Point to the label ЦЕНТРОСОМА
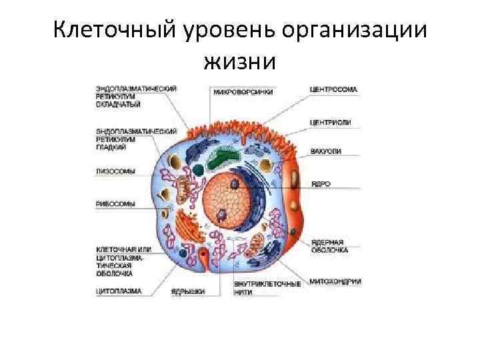[333, 89]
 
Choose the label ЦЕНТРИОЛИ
[331, 122]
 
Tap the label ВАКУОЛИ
[325, 152]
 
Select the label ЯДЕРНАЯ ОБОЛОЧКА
[327, 245]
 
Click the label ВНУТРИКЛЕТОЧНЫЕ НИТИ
[267, 288]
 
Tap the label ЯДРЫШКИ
[187, 291]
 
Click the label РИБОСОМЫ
[115, 203]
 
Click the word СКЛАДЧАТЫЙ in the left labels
[117, 103]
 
